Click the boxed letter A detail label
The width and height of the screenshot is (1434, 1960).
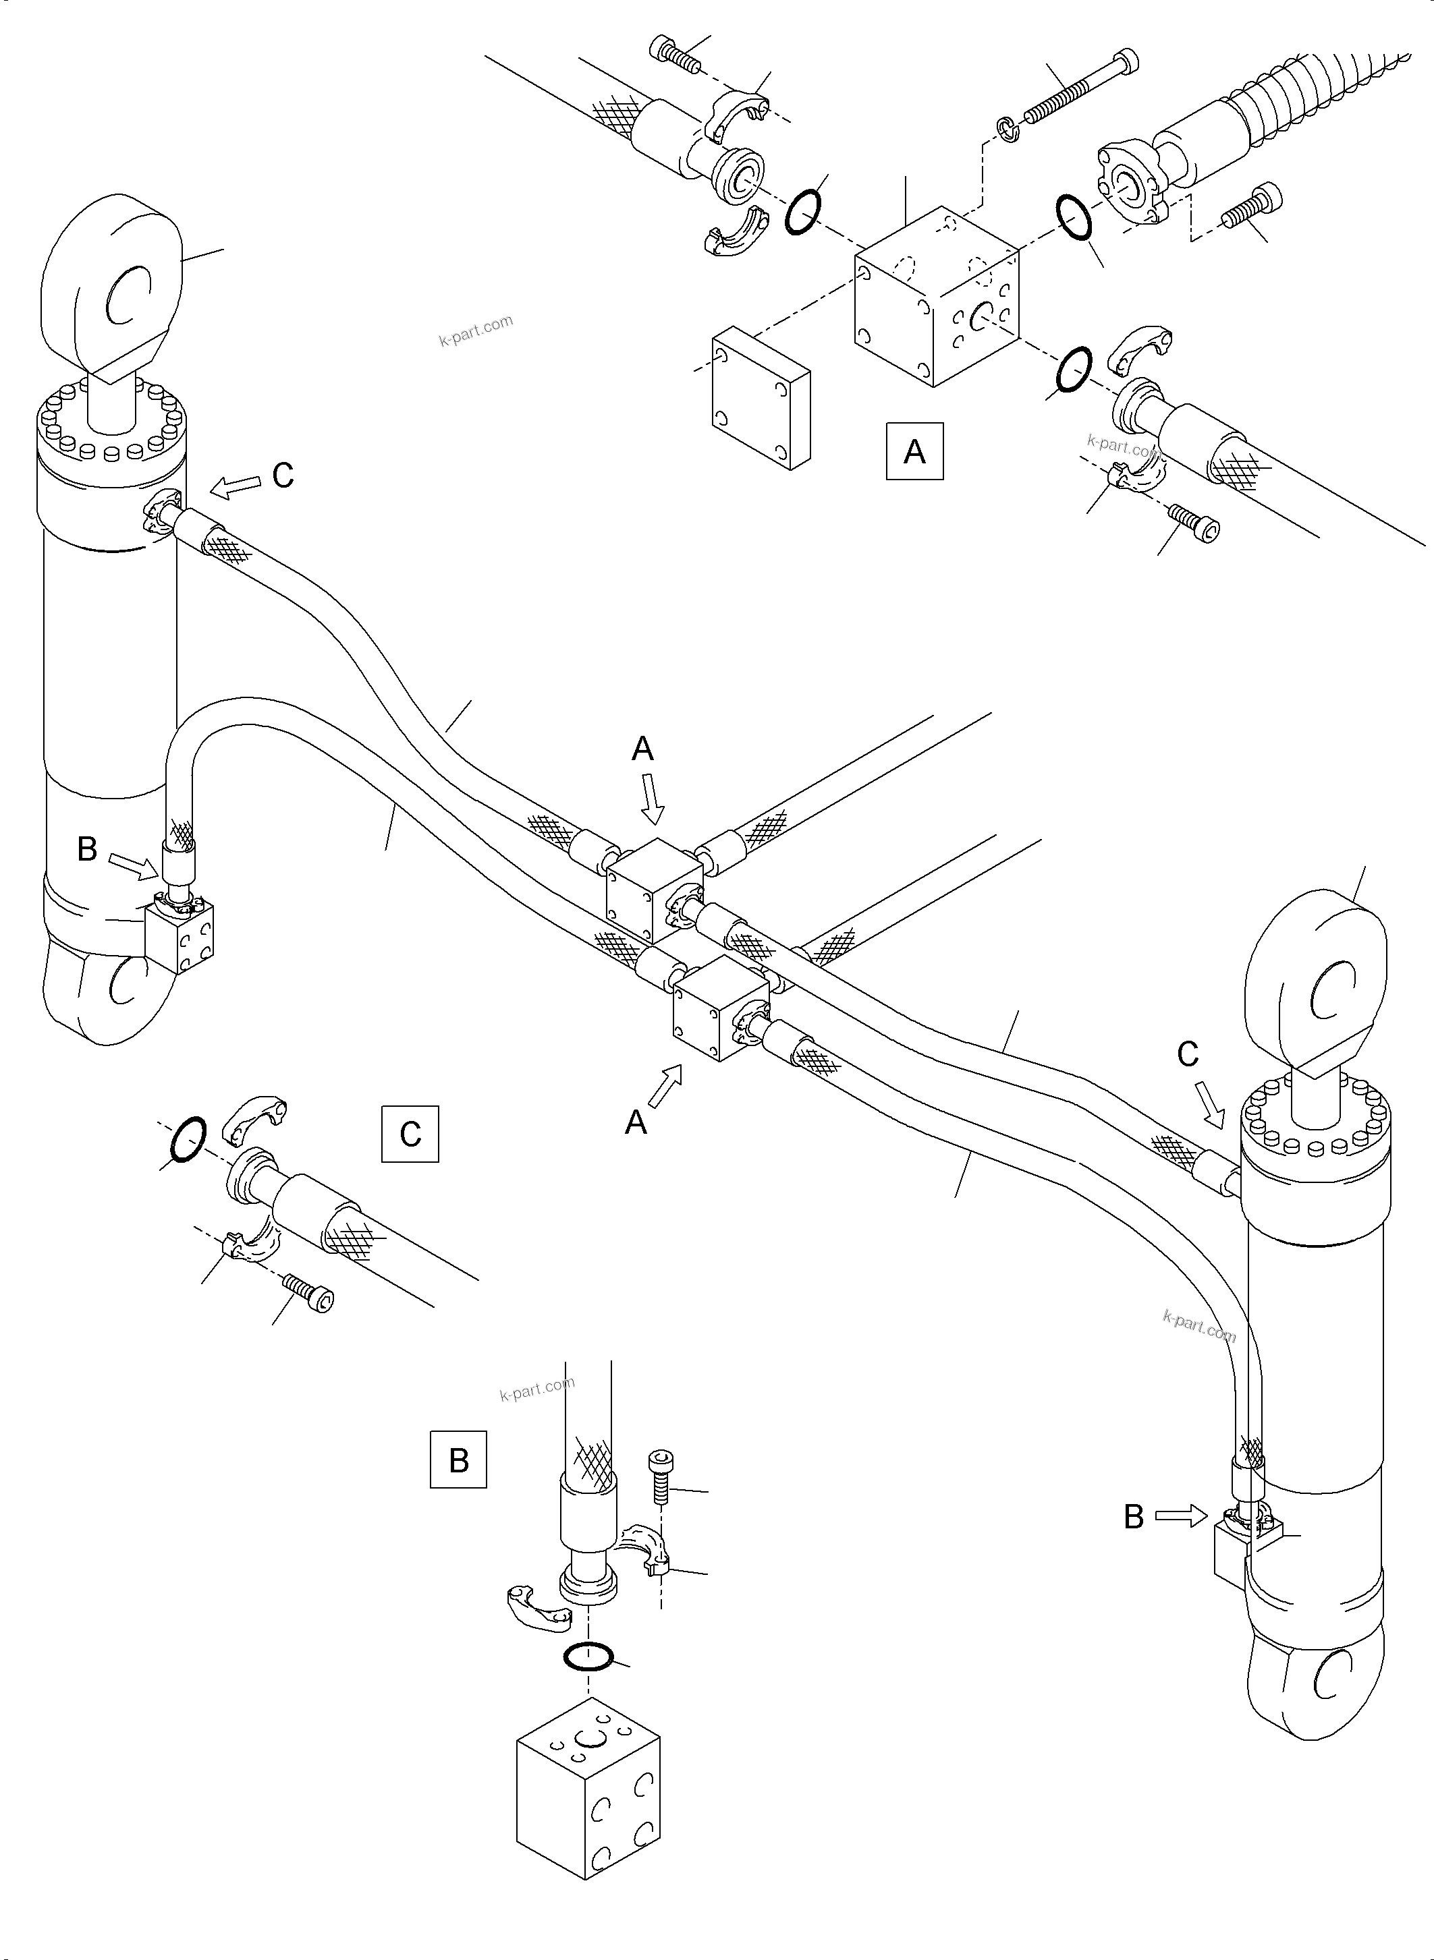tap(914, 451)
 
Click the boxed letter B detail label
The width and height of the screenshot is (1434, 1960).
tap(458, 1460)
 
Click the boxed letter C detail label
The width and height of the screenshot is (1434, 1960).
tap(410, 1133)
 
